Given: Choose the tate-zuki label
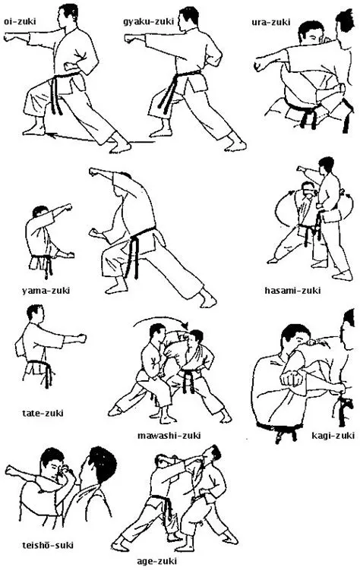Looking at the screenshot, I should (43, 414).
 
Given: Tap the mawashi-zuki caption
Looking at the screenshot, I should (169, 435).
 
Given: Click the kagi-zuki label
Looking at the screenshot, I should (333, 435).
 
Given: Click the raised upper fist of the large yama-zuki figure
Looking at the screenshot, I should (96, 174).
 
